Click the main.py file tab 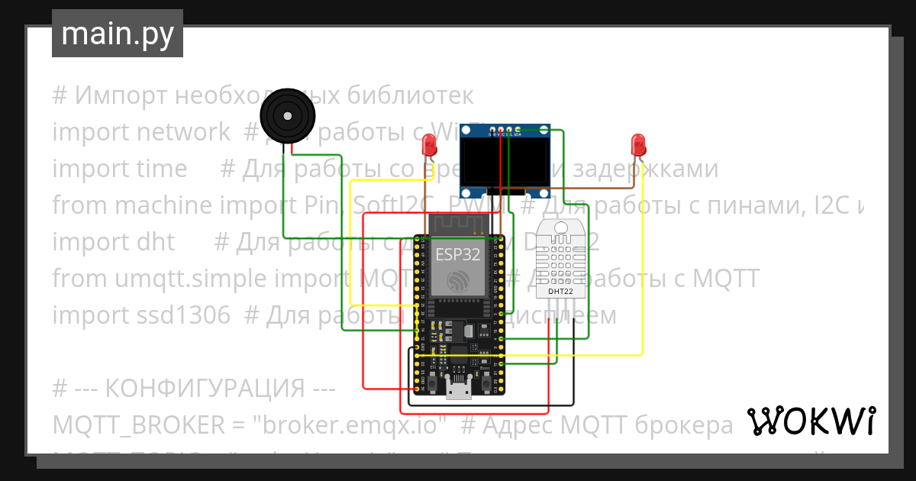[117, 34]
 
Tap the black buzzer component [286, 116]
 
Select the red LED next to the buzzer [430, 143]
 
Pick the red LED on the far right [638, 143]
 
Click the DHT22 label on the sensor [561, 292]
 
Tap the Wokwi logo [811, 421]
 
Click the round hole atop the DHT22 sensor [561, 227]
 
